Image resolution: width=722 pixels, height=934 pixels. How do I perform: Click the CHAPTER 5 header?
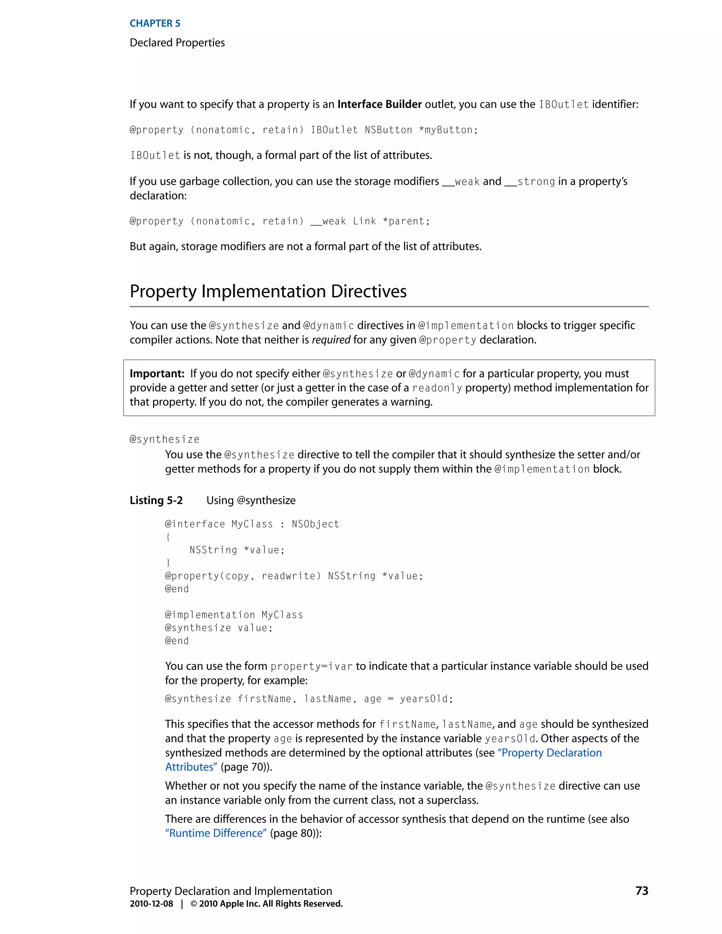(x=155, y=24)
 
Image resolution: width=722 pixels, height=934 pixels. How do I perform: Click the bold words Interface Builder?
(x=379, y=104)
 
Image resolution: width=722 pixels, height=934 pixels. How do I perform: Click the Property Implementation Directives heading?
(x=268, y=291)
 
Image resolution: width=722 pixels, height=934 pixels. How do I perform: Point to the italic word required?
(x=331, y=340)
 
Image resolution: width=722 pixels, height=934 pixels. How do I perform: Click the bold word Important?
(x=157, y=374)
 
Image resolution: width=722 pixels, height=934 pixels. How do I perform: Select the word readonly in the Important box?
(x=437, y=388)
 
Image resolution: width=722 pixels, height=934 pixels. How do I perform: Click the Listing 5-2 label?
(x=156, y=500)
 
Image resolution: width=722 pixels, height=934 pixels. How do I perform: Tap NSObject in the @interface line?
(x=315, y=524)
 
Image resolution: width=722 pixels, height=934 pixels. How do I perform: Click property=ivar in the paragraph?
(x=311, y=666)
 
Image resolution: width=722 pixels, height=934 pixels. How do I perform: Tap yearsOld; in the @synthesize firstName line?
(x=426, y=699)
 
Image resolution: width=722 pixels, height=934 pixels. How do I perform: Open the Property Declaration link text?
(x=551, y=753)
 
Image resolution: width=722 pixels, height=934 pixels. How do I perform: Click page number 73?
(x=642, y=891)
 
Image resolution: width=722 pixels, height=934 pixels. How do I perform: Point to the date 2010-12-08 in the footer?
(x=151, y=904)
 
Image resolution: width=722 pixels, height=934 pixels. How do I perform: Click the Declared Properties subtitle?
(x=177, y=43)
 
